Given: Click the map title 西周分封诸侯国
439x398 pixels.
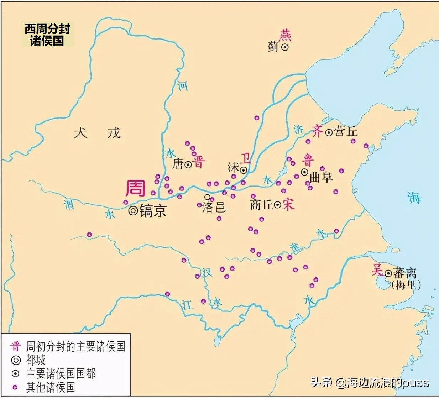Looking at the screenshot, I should pos(47,35).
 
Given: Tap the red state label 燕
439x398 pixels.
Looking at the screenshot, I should pos(285,35).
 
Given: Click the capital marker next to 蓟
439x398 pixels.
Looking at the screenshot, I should pos(285,47).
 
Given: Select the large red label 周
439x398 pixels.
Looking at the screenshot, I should pos(135,188).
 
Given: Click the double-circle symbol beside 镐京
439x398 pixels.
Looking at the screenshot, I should pos(133,211).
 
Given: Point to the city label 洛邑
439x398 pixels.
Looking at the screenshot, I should pos(214,207).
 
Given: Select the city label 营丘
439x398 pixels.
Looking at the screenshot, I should pos(346,132).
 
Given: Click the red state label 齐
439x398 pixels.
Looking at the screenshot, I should pos(317,131).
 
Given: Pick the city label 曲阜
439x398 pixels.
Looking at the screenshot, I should pos(321,177).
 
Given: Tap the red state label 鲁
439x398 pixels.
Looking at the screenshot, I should pos(308,160).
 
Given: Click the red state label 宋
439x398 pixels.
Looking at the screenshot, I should pos(288,204).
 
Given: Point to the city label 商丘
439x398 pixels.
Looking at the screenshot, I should pos(261,205).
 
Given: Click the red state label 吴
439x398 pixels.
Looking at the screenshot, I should pos(377,270).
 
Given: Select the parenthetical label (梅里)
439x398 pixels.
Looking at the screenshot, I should pos(406,285).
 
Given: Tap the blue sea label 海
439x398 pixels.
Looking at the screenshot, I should pos(414,198).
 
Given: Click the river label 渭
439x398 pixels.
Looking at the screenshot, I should pos(69,205).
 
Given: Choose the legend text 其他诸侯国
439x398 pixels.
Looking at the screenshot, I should pos(51,387).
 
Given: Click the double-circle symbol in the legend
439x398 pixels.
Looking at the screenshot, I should pos(16,360).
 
